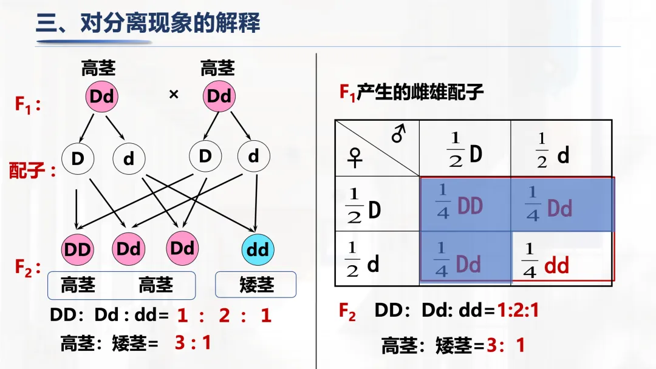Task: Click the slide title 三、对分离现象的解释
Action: [148, 24]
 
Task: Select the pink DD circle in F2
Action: [77, 249]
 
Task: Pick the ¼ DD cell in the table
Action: [459, 205]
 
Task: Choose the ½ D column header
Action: [465, 149]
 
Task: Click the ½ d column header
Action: [553, 149]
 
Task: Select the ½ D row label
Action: [363, 205]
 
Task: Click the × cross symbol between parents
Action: [173, 95]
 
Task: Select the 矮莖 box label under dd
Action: [256, 285]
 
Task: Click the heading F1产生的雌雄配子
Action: [411, 92]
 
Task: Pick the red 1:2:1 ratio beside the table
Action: [518, 311]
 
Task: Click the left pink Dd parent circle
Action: [101, 96]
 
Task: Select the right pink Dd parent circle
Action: [219, 96]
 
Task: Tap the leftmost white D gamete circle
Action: [78, 158]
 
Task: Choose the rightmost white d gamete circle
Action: [253, 157]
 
